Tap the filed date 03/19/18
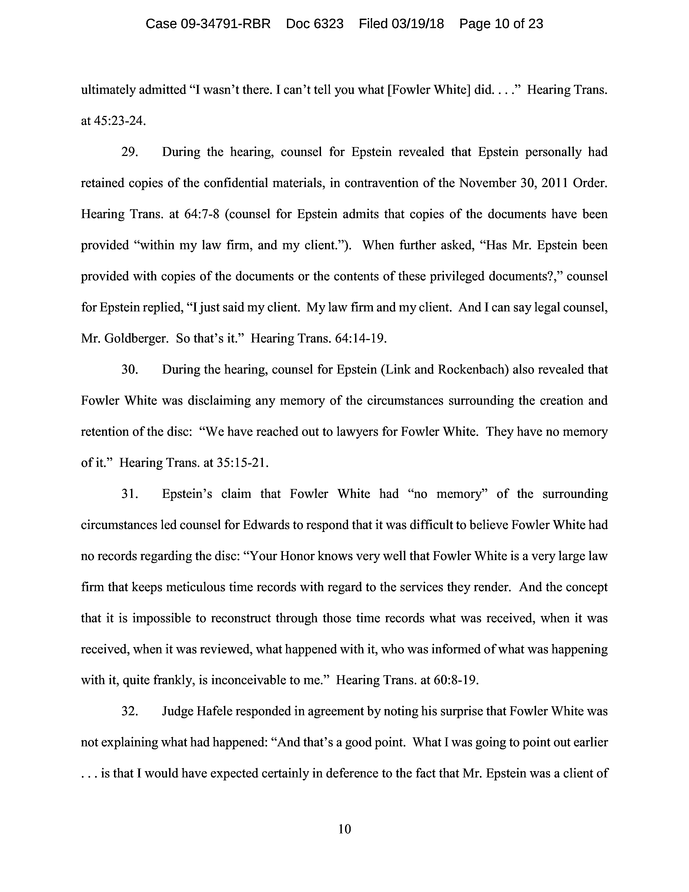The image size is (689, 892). point(417,24)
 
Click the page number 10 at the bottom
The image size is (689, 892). point(344,829)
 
